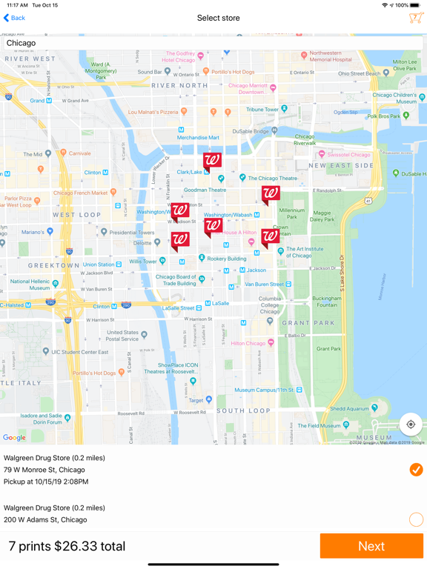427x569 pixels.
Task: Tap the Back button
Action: [14, 18]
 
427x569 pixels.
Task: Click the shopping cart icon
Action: [415, 18]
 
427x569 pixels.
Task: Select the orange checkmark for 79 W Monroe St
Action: [416, 470]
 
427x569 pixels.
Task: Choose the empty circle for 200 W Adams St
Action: [416, 519]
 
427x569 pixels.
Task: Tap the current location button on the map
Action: [411, 425]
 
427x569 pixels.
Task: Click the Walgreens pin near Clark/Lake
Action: [212, 161]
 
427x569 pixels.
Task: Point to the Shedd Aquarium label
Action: [348, 408]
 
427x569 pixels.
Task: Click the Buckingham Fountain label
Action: [326, 302]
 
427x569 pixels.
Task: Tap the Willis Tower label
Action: [143, 262]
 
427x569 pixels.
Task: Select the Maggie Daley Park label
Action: [322, 216]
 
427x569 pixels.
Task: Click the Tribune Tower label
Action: [262, 110]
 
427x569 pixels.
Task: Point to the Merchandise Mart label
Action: [198, 138]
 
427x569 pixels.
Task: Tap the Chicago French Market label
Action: [80, 193]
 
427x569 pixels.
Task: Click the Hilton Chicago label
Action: [248, 343]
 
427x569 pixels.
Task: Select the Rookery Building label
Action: [226, 259]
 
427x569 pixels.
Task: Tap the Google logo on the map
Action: [14, 438]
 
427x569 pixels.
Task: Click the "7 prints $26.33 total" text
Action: [67, 546]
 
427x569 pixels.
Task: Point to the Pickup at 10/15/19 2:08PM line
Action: [46, 482]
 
